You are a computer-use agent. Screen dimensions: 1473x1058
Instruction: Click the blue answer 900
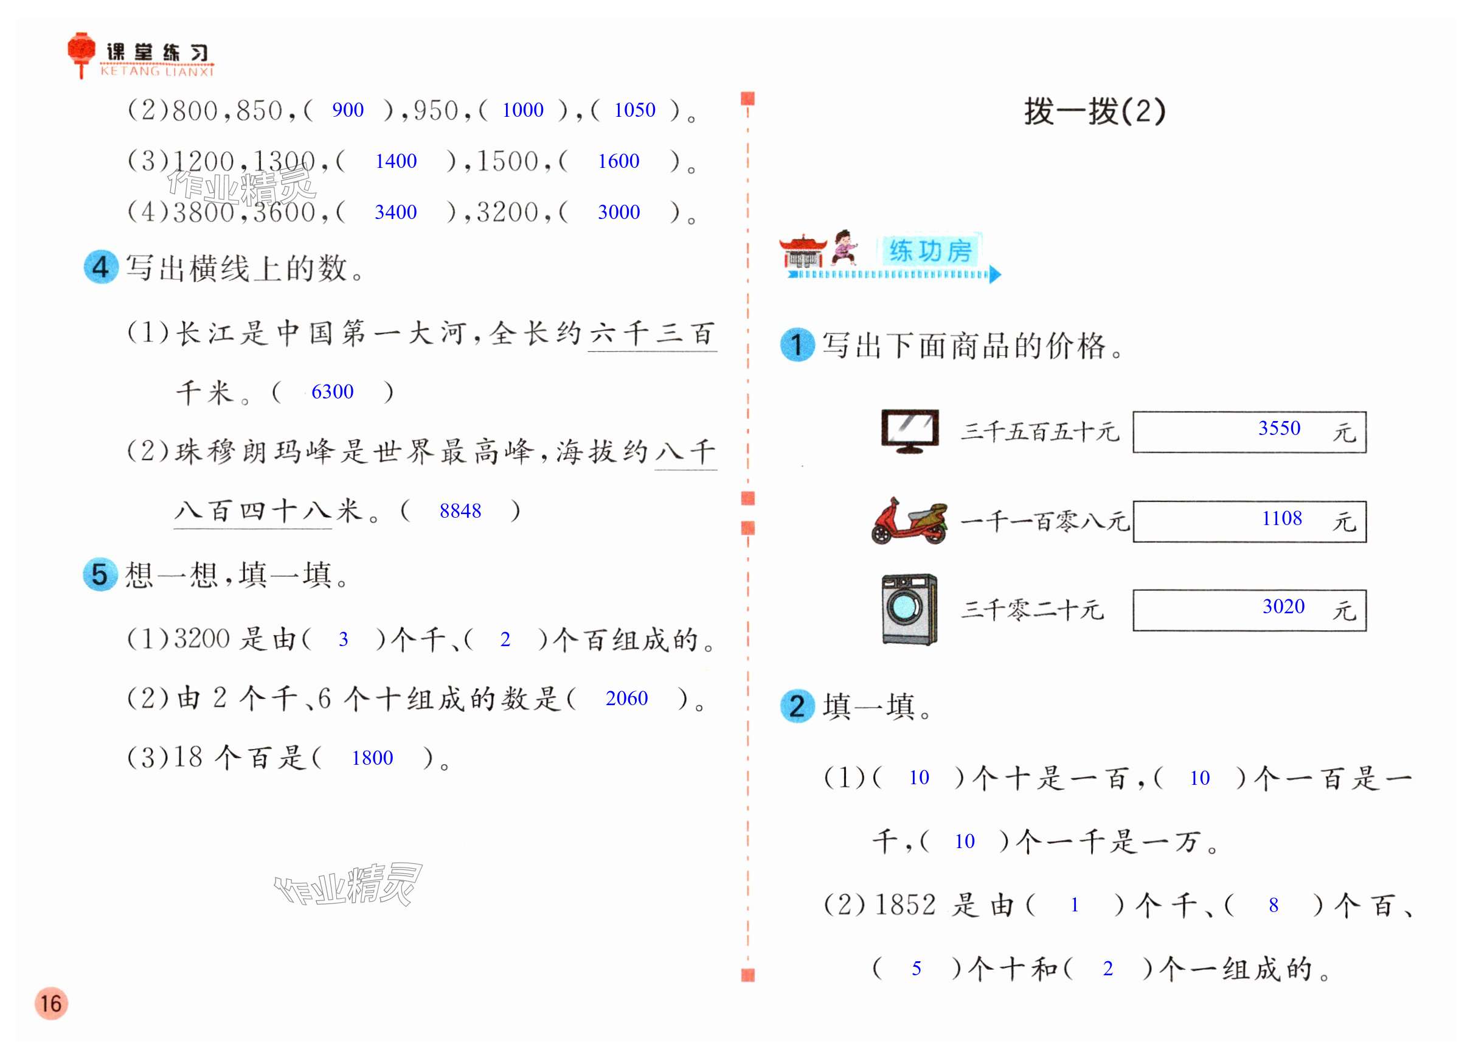point(347,110)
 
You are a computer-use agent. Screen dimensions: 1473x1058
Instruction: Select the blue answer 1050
point(634,110)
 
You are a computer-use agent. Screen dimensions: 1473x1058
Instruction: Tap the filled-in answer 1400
point(395,161)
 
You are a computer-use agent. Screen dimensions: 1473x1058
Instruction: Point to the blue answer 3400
point(395,212)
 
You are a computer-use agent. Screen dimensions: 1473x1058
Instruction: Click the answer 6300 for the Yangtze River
point(332,392)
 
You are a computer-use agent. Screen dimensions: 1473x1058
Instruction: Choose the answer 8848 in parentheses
point(460,511)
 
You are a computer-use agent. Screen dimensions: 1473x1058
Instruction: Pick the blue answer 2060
point(626,698)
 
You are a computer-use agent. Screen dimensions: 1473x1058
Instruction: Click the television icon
point(909,431)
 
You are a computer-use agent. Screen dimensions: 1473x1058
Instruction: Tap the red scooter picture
point(909,521)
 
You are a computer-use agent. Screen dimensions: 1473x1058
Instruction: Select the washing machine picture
point(909,609)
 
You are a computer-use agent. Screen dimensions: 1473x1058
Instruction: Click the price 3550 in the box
point(1279,428)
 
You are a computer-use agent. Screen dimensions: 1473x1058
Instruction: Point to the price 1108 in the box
point(1281,518)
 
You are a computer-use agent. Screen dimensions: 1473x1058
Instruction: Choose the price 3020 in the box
point(1283,607)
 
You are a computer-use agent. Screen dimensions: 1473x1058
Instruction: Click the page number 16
point(50,1003)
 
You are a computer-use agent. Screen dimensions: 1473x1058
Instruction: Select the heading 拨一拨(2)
point(1094,111)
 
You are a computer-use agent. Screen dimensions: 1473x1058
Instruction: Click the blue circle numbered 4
point(101,267)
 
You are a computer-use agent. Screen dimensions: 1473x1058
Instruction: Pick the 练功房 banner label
point(929,251)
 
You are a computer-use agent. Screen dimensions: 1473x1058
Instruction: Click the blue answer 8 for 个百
point(1273,905)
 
